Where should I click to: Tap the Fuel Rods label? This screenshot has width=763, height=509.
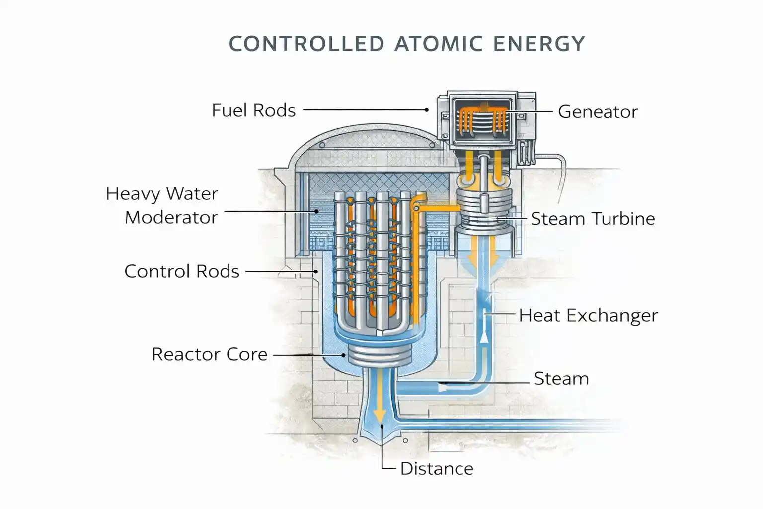pyautogui.click(x=253, y=110)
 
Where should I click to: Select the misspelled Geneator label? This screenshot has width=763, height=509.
pyautogui.click(x=598, y=112)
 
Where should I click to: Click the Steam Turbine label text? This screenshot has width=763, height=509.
pyautogui.click(x=593, y=219)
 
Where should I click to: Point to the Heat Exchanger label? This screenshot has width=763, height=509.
pyautogui.click(x=588, y=315)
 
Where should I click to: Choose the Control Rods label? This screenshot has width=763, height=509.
pyautogui.click(x=182, y=271)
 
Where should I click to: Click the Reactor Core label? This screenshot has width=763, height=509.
pyautogui.click(x=209, y=354)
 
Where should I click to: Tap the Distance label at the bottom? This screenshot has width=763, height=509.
pyautogui.click(x=437, y=469)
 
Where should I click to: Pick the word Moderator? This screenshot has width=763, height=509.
pyautogui.click(x=171, y=217)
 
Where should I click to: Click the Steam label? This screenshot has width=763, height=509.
pyautogui.click(x=561, y=379)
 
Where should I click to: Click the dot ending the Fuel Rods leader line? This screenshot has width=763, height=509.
pyautogui.click(x=427, y=110)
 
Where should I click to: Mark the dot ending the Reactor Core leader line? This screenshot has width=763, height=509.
pyautogui.click(x=343, y=355)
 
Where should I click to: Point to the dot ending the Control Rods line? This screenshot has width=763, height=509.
pyautogui.click(x=315, y=272)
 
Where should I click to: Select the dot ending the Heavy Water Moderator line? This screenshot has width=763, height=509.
pyautogui.click(x=316, y=211)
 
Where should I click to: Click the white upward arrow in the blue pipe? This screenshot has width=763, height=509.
pyautogui.click(x=483, y=337)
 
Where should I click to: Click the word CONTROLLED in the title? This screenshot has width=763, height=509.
pyautogui.click(x=306, y=44)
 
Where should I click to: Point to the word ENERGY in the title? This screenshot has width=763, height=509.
pyautogui.click(x=539, y=44)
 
